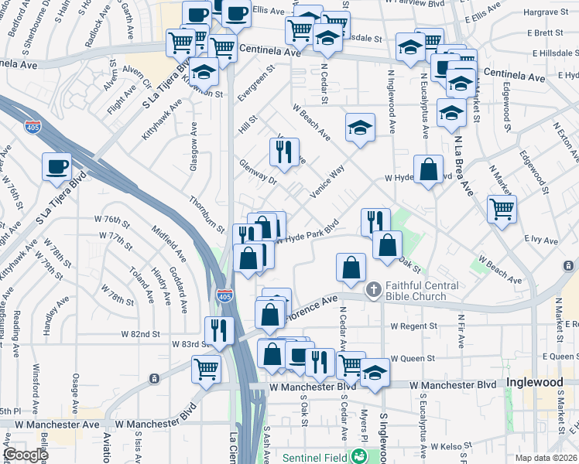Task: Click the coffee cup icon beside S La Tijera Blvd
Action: (x=57, y=167)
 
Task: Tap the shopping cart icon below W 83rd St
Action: (x=207, y=368)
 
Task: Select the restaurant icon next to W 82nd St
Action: (x=219, y=330)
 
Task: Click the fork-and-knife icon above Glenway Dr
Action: (x=284, y=151)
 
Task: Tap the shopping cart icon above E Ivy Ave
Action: (x=502, y=207)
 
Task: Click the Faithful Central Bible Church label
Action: (x=416, y=291)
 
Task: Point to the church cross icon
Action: (x=373, y=291)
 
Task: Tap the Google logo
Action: (x=26, y=455)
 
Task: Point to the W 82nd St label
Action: (x=140, y=334)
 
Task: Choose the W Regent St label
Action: (x=414, y=326)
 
